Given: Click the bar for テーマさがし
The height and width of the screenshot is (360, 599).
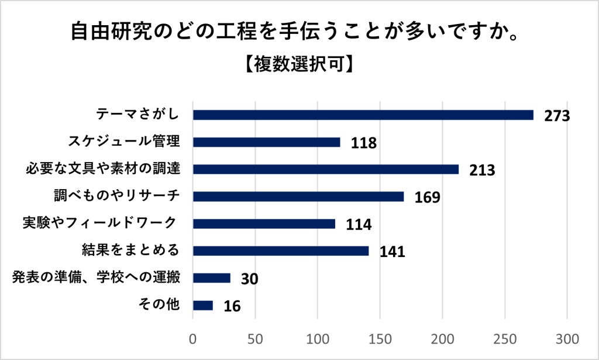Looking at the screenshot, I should [363, 115].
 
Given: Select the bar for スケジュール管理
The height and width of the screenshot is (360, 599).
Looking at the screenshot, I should [266, 142].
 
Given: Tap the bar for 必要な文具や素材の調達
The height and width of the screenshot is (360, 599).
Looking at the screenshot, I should [326, 169].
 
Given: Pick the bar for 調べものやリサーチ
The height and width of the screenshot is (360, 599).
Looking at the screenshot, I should [298, 197].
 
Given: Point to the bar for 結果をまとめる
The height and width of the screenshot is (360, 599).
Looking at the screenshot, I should [281, 251].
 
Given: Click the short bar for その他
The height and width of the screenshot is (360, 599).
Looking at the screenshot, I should [203, 305].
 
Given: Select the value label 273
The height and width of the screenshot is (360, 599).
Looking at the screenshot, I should [556, 116].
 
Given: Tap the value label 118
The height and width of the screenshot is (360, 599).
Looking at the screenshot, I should [363, 143].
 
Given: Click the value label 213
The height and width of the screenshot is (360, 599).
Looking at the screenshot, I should [483, 170].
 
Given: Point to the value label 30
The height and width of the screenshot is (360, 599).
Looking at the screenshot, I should [249, 279].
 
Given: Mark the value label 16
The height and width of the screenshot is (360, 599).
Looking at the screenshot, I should [232, 306].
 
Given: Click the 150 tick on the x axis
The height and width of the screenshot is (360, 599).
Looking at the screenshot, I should [380, 338].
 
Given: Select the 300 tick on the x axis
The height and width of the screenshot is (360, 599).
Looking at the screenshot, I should [567, 338].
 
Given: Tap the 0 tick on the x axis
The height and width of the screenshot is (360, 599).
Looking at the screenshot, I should [193, 338].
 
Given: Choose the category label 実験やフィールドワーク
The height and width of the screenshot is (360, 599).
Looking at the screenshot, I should [99, 224].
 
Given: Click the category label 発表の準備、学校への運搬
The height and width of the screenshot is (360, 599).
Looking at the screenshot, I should [95, 277].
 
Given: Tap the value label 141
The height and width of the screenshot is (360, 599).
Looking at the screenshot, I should [393, 252].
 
